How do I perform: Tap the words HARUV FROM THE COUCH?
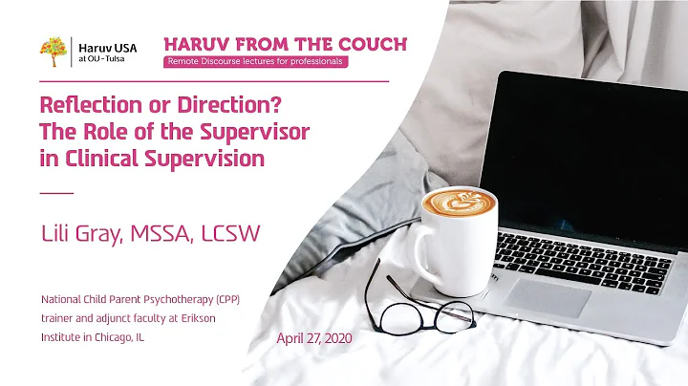286,44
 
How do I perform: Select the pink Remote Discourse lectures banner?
255,63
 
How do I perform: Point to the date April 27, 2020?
316,338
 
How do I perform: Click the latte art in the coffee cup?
452,202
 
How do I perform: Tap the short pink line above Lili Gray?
56,193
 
